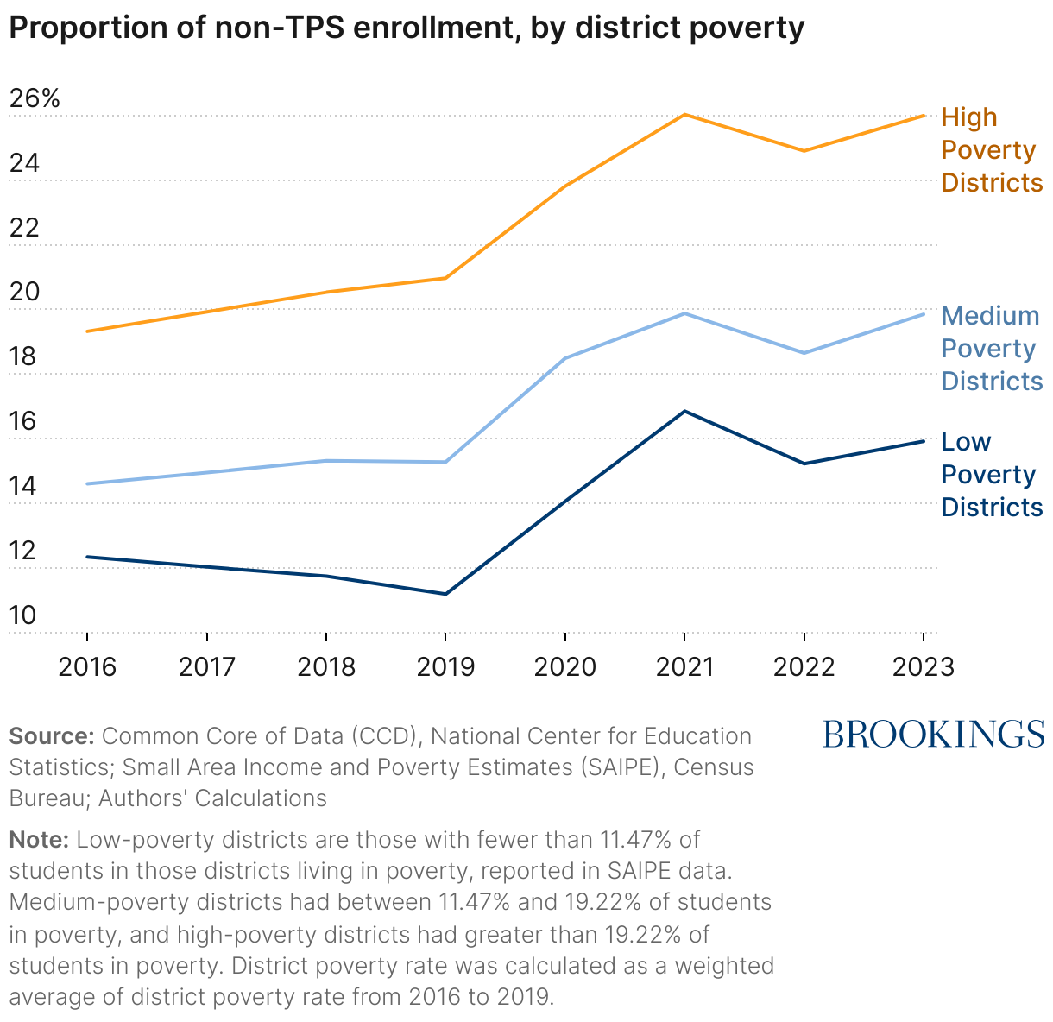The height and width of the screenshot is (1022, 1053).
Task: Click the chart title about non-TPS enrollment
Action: click(406, 28)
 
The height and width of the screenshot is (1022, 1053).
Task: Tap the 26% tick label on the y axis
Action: click(35, 98)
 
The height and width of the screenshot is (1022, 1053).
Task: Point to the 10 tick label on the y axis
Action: click(22, 615)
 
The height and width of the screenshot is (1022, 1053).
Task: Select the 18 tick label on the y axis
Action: click(22, 356)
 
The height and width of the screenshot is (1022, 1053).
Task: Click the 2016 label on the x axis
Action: click(87, 667)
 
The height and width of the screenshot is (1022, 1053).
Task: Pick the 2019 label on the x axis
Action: click(445, 667)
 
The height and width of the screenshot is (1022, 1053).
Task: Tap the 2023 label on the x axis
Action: click(923, 667)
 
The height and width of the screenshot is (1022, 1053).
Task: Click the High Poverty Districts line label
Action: click(991, 150)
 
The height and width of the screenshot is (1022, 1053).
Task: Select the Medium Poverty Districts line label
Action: click(991, 349)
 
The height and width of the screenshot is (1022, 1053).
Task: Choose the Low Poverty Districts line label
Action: click(991, 475)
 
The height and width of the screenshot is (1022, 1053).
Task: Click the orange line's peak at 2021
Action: click(684, 115)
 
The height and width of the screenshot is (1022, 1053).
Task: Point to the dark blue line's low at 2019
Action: click(445, 594)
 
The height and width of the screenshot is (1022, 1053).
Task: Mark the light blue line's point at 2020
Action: click(565, 358)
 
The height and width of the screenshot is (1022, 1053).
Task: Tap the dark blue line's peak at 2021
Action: click(684, 411)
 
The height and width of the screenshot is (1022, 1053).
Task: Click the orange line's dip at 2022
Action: click(804, 151)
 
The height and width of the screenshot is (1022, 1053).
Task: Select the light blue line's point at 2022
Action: click(804, 353)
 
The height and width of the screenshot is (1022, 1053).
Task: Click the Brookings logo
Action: click(934, 735)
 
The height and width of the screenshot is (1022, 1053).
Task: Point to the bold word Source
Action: click(51, 736)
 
